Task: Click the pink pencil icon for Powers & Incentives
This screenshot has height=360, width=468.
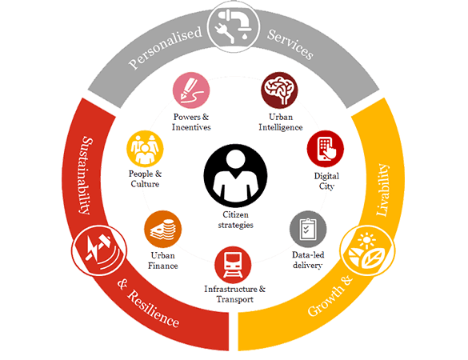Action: click(191, 90)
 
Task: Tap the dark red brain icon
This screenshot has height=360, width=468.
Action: click(279, 90)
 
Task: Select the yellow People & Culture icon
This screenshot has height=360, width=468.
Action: click(145, 149)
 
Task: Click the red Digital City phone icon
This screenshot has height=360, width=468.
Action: click(326, 149)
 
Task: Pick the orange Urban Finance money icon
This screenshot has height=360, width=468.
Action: click(162, 230)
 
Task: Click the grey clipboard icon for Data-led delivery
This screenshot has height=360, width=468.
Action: click(308, 230)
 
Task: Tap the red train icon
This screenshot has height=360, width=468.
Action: click(233, 265)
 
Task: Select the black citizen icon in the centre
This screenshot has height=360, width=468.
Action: click(235, 175)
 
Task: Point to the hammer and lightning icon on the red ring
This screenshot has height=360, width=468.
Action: click(99, 250)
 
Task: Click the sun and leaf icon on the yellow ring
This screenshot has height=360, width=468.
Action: click(367, 250)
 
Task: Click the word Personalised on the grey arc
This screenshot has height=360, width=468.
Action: click(166, 48)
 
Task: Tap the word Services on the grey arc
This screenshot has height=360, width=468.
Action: click(290, 44)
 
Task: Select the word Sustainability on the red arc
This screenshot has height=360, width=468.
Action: click(86, 175)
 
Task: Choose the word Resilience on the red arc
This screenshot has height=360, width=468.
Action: click(154, 309)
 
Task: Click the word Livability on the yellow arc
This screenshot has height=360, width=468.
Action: click(383, 190)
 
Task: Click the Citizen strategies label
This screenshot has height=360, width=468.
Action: click(235, 220)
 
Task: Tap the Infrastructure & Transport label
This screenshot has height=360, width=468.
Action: click(234, 294)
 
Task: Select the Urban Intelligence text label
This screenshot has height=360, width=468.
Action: click(281, 122)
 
